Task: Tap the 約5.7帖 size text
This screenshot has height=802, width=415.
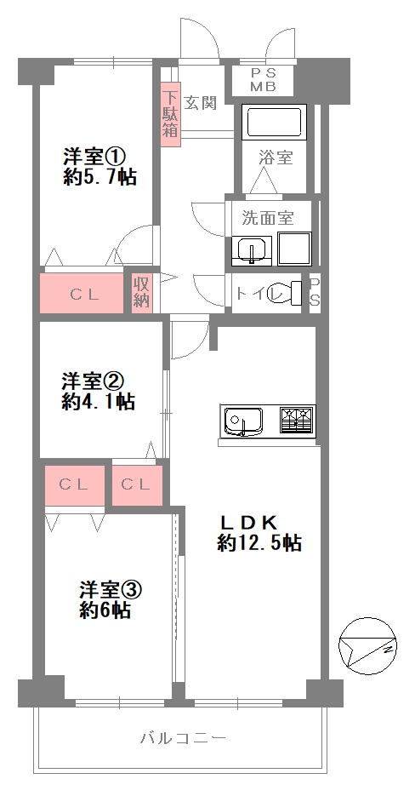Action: pyautogui.click(x=99, y=177)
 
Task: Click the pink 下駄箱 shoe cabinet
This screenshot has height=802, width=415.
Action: pyautogui.click(x=171, y=116)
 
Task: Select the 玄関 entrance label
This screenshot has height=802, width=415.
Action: pyautogui.click(x=201, y=103)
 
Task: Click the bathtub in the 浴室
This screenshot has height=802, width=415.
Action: pyautogui.click(x=275, y=123)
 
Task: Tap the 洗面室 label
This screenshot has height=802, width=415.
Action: pyautogui.click(x=267, y=217)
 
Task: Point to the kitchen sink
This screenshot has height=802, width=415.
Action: pyautogui.click(x=243, y=420)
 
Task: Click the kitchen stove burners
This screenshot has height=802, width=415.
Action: pyautogui.click(x=294, y=419)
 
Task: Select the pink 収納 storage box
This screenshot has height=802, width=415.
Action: pyautogui.click(x=141, y=292)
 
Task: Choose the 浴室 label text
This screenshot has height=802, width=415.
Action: pyautogui.click(x=276, y=158)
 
